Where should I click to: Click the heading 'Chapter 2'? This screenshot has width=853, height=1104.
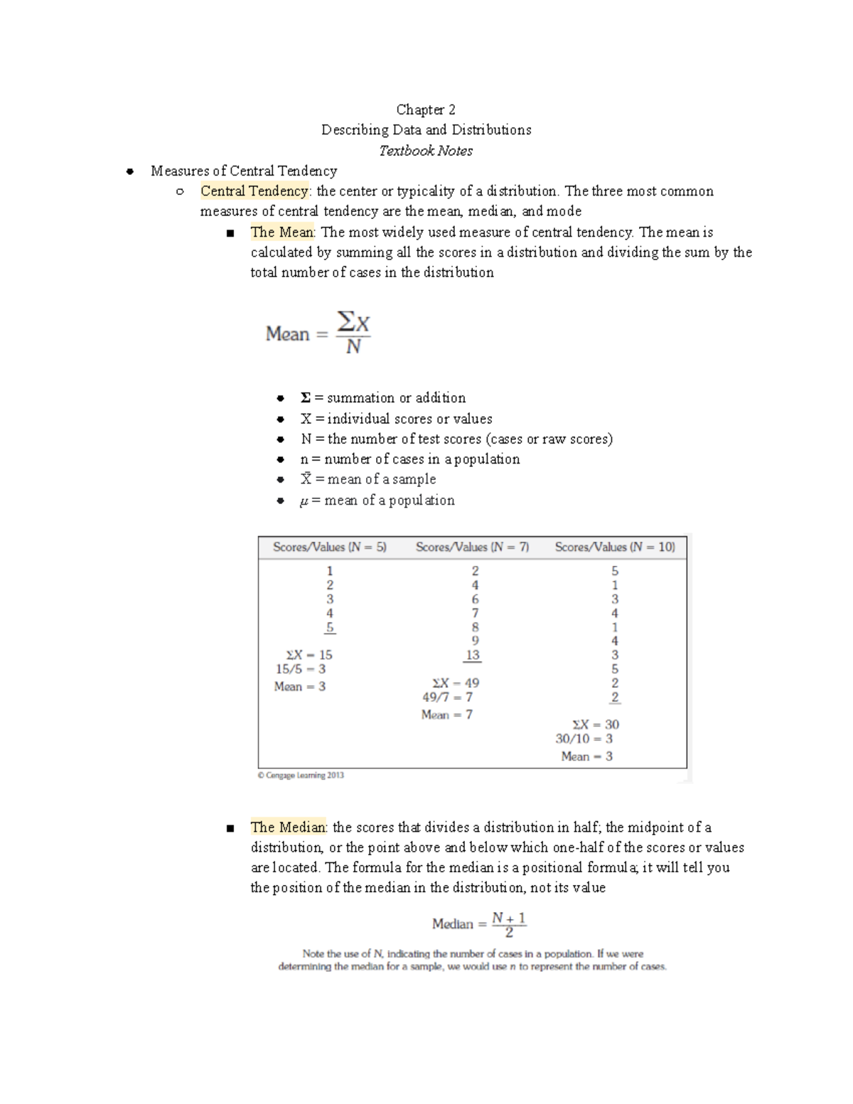426,109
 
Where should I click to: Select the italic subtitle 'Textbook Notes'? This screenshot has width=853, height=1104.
426,151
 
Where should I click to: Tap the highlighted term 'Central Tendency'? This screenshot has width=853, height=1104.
254,191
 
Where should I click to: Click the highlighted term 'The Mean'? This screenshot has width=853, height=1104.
281,232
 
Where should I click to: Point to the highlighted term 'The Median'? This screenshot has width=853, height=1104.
288,827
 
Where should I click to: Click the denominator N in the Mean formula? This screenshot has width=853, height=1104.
353,348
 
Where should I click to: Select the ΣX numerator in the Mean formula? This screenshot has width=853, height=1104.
353,323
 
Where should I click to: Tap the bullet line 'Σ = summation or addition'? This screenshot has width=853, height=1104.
383,398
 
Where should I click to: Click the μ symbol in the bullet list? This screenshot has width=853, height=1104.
304,501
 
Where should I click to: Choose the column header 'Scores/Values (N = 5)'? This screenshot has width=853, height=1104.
330,547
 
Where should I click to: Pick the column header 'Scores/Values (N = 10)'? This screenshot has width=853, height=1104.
615,547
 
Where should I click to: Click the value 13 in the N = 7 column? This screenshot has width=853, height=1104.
473,655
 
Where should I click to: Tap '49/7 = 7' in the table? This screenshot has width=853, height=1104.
447,697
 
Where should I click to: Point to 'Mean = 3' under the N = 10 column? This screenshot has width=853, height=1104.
586,756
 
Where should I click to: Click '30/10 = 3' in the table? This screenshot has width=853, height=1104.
584,739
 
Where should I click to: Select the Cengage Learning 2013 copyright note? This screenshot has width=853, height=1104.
301,776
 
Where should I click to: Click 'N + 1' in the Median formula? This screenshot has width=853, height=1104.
509,918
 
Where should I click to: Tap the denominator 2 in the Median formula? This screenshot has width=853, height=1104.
509,933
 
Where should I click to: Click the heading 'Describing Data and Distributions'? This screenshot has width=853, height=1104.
426,130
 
